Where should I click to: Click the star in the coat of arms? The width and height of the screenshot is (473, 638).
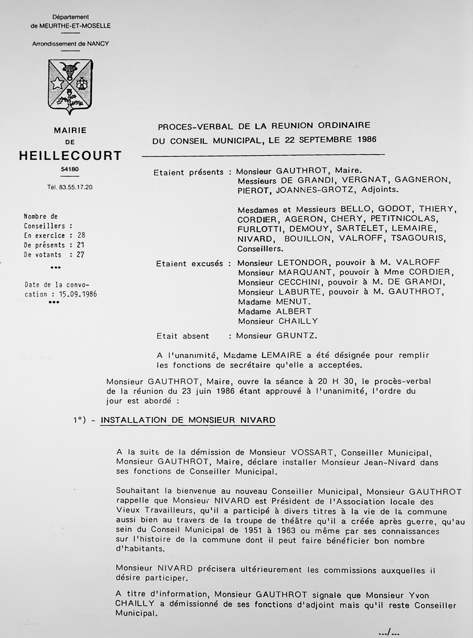[x=57, y=83]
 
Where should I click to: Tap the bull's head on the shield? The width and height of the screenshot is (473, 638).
[x=70, y=70]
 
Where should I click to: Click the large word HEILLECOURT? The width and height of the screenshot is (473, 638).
[x=70, y=156]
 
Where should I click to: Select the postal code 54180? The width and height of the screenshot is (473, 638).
[x=70, y=169]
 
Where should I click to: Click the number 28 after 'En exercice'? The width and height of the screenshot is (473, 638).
[x=81, y=235]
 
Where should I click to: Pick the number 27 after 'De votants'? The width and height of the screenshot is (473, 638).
[x=80, y=255]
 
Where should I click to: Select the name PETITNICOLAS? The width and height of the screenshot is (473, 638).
[x=404, y=219]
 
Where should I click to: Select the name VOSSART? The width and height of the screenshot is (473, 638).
[x=312, y=453]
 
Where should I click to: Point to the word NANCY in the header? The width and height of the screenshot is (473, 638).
[x=98, y=44]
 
